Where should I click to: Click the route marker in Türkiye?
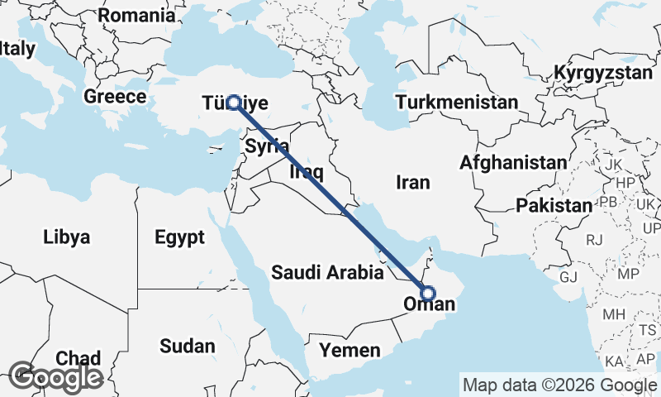[234, 103]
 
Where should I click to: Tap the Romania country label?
[136, 15]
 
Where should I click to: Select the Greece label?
[115, 97]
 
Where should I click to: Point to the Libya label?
[66, 237]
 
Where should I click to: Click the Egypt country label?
[179, 238]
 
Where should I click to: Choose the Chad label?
[78, 358]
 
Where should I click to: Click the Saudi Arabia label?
[327, 272]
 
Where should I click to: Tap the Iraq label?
[306, 173]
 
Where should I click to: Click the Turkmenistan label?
[457, 103]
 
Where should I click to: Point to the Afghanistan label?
[515, 162]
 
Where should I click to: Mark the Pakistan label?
[553, 204]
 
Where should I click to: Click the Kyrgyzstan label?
[603, 73]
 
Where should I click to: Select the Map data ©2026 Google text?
[559, 385]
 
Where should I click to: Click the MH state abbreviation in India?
[613, 314]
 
